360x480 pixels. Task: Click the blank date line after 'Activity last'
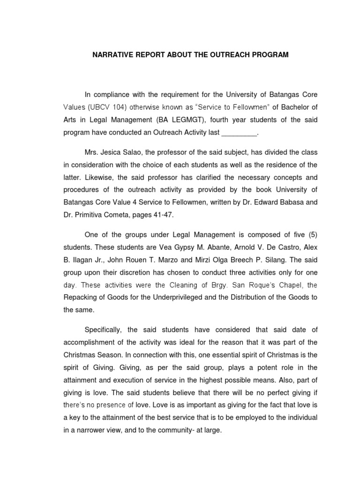pyautogui.click(x=239, y=133)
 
